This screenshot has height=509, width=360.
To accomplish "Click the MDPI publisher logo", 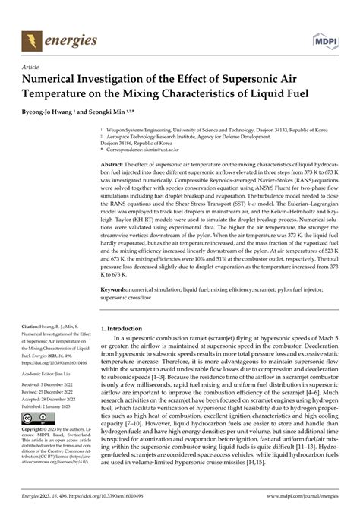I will [326, 40].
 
